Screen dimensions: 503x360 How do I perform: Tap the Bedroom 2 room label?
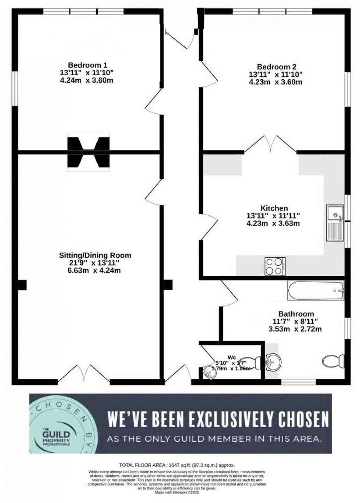point(276,67)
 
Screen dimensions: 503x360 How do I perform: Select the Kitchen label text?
point(274,208)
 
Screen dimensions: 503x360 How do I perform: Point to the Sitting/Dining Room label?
point(95,255)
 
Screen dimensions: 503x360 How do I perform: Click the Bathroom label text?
point(296,314)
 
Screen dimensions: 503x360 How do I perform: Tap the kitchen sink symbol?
point(335,223)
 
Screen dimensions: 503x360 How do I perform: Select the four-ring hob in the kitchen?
point(275,266)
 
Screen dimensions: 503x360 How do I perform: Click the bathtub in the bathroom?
point(316,291)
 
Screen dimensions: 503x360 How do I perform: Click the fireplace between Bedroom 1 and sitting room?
point(88,152)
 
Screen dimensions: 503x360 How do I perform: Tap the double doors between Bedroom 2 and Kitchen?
point(270,144)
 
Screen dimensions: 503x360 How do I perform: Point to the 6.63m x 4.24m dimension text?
point(95,271)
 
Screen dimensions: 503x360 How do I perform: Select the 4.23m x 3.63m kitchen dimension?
point(274,223)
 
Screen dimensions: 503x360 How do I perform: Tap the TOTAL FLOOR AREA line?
point(177,465)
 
